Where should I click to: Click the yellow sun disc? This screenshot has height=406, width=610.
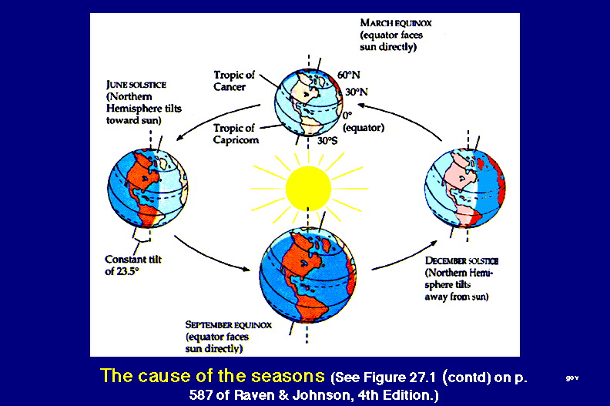[x=308, y=189]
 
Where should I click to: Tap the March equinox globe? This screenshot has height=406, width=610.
[x=309, y=102]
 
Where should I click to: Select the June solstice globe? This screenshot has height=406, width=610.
[x=148, y=189]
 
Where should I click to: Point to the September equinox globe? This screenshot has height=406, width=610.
[x=308, y=275]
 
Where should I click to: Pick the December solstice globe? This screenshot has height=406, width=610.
[x=465, y=189]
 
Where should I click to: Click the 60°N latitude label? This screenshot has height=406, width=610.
[x=349, y=75]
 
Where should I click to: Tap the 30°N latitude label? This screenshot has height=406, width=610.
[x=357, y=92]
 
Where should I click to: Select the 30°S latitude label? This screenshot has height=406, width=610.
[x=327, y=141]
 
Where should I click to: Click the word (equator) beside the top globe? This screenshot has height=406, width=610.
[x=364, y=128]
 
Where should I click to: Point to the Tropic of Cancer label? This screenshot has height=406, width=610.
[x=234, y=81]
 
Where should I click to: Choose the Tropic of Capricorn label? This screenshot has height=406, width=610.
[x=236, y=134]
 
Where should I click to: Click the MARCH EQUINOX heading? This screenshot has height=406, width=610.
[x=396, y=23]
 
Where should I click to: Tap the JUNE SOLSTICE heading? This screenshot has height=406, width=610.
[x=136, y=85]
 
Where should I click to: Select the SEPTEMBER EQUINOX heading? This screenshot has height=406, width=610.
[x=228, y=324]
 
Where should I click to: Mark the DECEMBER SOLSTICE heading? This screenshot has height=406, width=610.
[x=462, y=260]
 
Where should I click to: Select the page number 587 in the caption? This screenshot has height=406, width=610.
[x=201, y=395]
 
